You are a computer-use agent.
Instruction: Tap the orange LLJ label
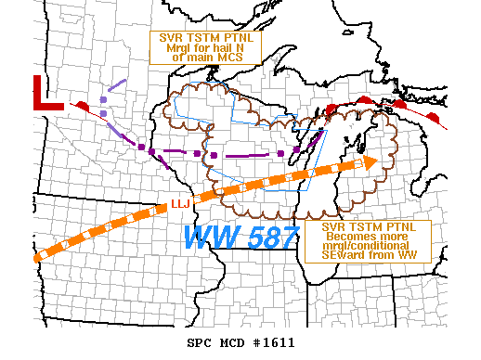coord(180,204)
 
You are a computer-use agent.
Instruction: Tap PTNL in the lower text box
coord(397,227)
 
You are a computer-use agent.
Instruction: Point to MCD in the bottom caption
coord(232,342)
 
